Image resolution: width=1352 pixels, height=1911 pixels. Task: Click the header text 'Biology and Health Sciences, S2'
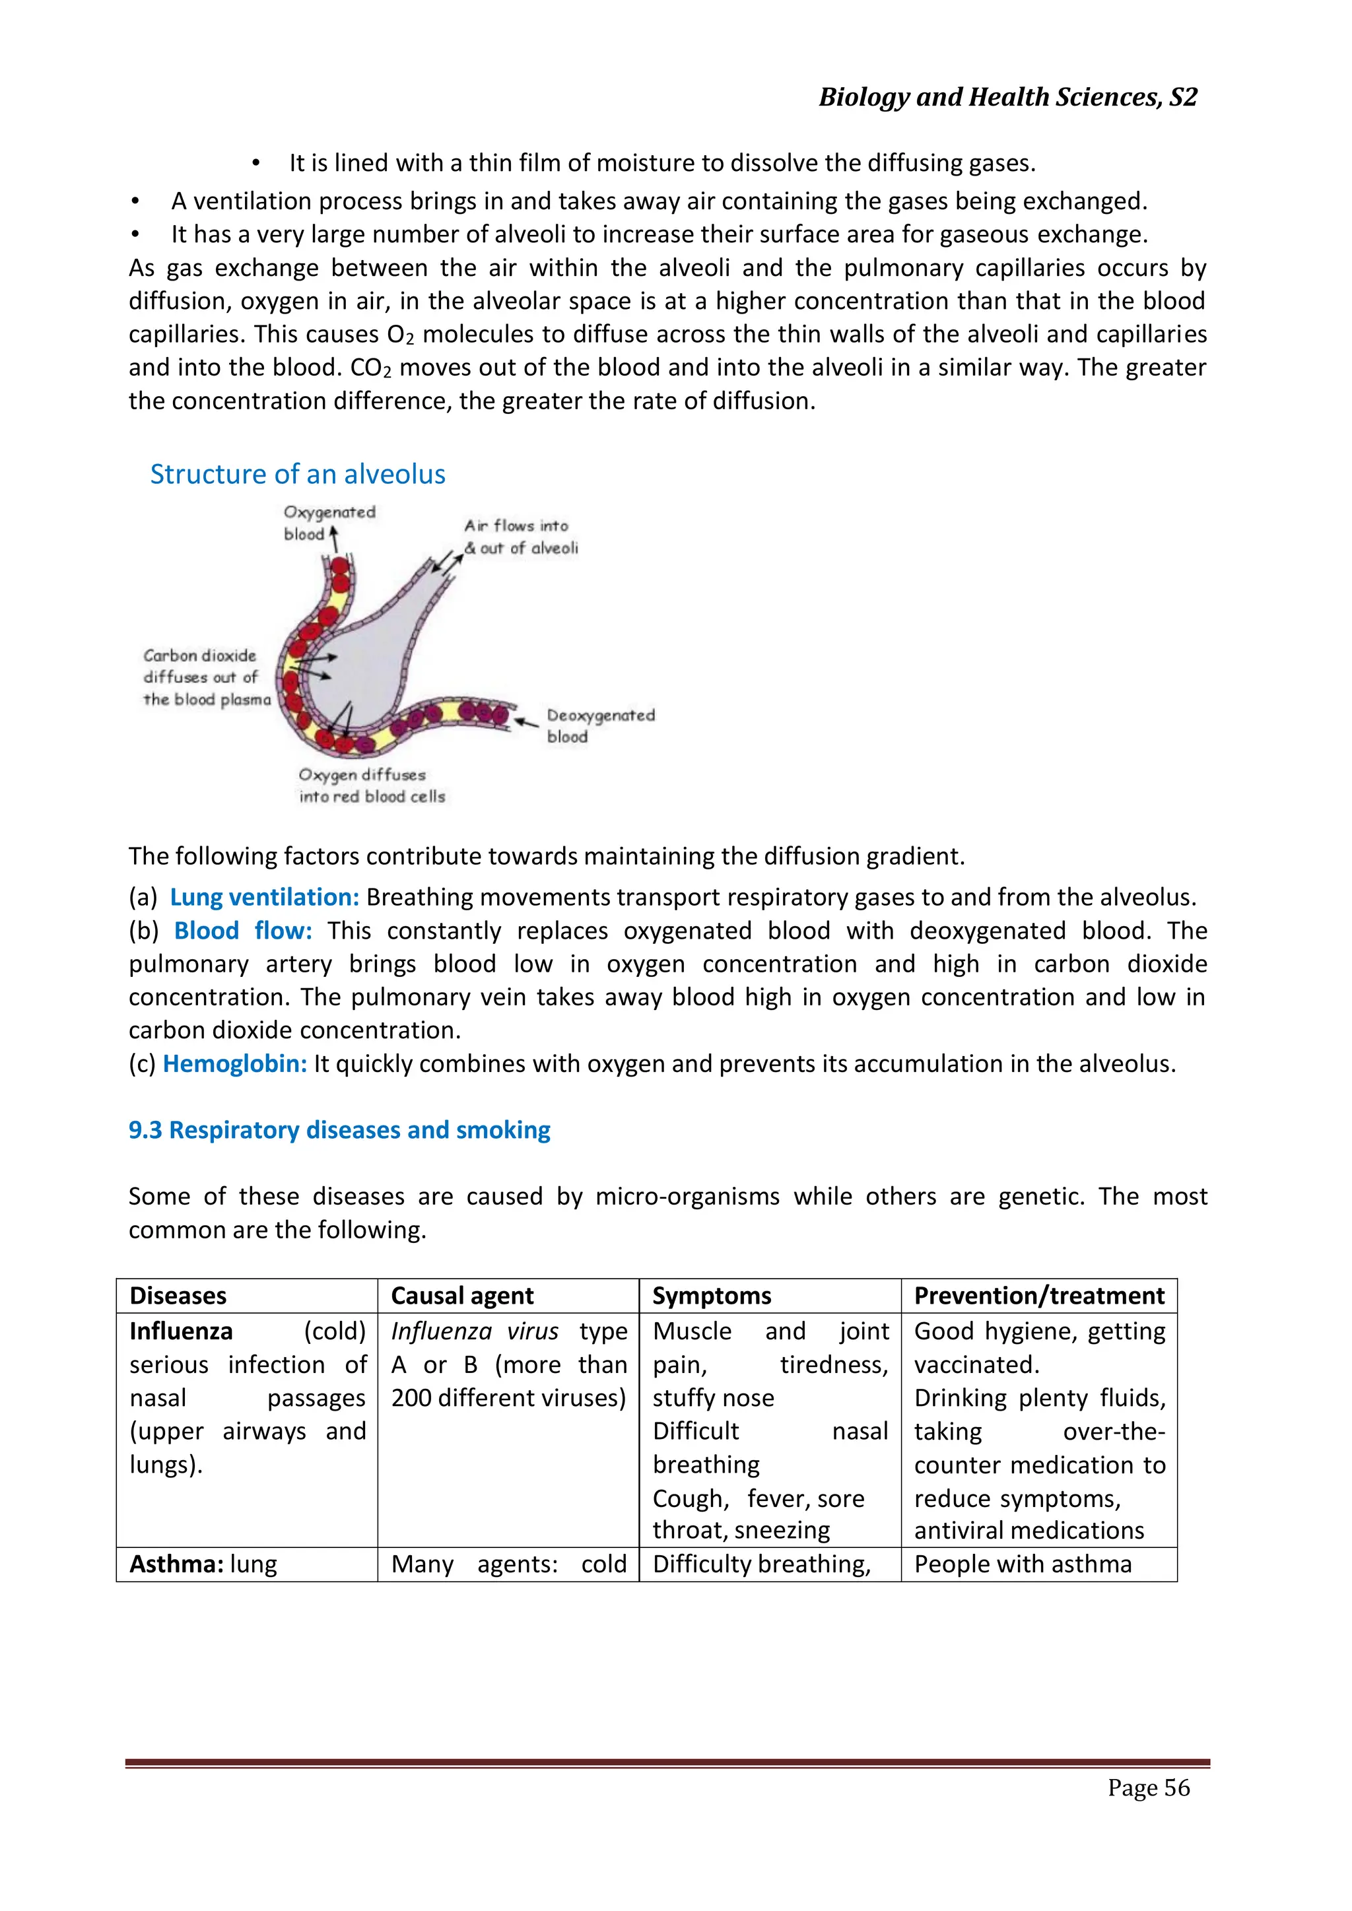point(1007,98)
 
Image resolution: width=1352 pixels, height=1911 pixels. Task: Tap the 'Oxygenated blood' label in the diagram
point(328,522)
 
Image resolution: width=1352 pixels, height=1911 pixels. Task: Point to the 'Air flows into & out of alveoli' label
point(520,537)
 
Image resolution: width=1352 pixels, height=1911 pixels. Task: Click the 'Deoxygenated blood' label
point(600,725)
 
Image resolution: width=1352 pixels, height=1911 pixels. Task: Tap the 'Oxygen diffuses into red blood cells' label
point(371,785)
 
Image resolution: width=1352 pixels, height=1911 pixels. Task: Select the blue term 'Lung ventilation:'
point(264,897)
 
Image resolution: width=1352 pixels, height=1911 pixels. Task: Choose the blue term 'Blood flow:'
point(242,931)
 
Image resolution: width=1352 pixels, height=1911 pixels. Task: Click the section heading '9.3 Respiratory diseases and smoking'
point(339,1129)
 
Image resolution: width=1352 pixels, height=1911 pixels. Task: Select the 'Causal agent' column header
point(462,1296)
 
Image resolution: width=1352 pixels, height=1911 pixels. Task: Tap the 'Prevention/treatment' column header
point(1038,1296)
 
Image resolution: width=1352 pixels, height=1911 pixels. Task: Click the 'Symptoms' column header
point(711,1296)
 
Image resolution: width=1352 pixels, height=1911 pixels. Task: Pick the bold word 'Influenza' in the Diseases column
point(181,1331)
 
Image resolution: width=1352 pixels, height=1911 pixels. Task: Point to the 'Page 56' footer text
point(1148,1787)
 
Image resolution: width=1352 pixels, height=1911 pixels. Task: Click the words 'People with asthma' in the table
point(1023,1564)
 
